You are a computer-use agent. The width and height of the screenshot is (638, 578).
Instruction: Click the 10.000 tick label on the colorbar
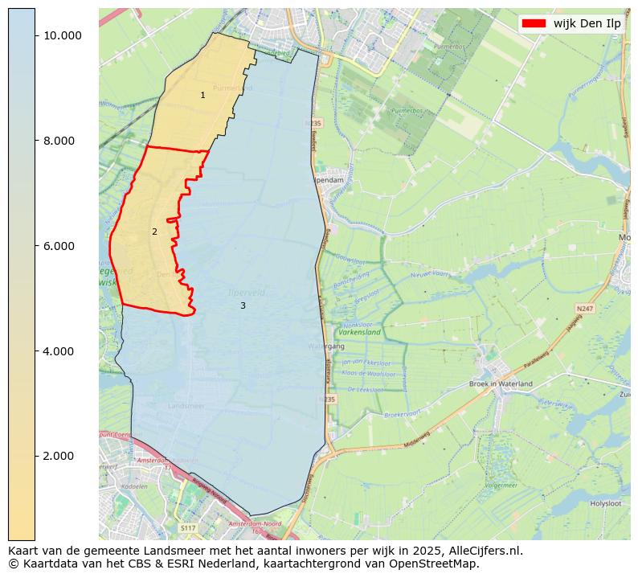click(x=62, y=35)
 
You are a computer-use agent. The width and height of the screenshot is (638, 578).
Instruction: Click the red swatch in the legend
click(x=534, y=23)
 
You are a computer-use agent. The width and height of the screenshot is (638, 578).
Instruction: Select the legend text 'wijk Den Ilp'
click(x=587, y=23)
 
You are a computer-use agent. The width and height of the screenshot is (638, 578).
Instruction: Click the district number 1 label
click(x=202, y=96)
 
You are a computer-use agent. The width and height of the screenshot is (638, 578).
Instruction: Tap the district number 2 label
click(x=154, y=232)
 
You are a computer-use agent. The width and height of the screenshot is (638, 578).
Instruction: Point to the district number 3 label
click(x=243, y=305)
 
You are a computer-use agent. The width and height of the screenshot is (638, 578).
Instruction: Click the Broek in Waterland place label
click(x=501, y=384)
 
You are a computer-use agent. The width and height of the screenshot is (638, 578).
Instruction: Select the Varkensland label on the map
click(x=359, y=331)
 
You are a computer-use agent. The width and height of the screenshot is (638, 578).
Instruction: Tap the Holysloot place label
click(x=607, y=503)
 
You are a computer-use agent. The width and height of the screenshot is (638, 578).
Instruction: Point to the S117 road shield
click(x=188, y=527)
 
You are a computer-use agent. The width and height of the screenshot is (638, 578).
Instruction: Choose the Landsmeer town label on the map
click(x=186, y=407)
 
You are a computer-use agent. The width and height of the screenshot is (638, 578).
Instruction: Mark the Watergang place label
click(x=325, y=346)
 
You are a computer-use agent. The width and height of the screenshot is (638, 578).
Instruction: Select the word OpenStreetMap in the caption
click(x=439, y=564)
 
